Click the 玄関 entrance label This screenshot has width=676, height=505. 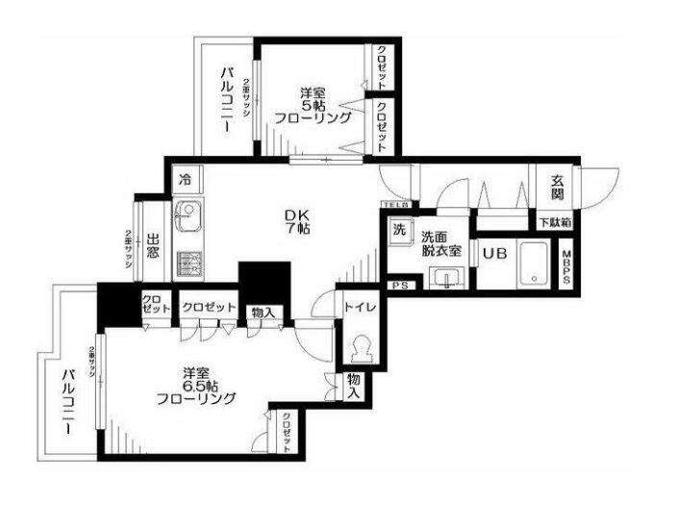click(x=557, y=187)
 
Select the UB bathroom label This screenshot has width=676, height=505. click(x=494, y=254)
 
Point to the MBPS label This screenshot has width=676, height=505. click(x=567, y=265)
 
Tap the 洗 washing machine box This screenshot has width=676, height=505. click(x=398, y=231)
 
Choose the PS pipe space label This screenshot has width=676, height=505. click(x=399, y=285)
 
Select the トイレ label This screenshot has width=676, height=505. click(x=361, y=307)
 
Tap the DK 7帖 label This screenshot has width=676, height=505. click(x=295, y=222)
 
